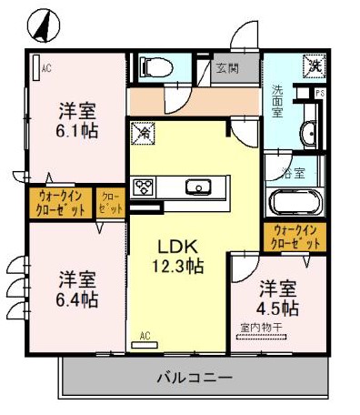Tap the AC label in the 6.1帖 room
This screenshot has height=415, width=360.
45,66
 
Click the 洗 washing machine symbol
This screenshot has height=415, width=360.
313,65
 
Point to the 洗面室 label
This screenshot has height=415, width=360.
277,102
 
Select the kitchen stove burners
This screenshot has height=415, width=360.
143,188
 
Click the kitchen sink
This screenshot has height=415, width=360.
198,188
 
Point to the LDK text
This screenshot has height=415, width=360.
176,247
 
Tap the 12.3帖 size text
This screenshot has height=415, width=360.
176,267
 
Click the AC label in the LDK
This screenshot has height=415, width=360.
145,336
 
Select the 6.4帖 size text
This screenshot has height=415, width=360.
79,298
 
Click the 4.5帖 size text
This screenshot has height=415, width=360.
278,308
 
